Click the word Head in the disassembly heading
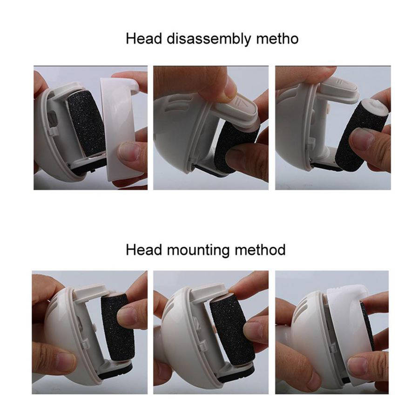click(144, 39)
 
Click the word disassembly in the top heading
click(209, 39)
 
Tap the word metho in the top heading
click(277, 39)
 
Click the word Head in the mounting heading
click(144, 250)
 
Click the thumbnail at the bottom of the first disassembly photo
click(129, 152)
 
